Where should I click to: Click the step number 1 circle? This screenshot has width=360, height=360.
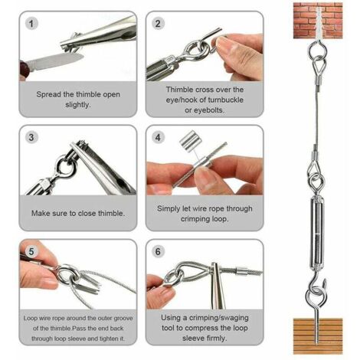(31, 24)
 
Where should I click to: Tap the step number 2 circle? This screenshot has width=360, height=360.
(158, 24)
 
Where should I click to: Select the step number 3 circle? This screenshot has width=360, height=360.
(31, 137)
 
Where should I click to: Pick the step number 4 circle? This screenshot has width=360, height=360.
(158, 137)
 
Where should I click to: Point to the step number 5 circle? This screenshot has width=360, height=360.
(31, 251)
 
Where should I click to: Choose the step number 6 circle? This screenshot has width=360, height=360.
(158, 251)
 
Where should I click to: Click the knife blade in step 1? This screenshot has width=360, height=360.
(55, 61)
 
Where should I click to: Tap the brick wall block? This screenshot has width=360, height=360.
(318, 21)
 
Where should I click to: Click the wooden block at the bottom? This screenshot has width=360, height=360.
(318, 336)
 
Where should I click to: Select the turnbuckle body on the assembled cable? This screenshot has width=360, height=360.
(317, 232)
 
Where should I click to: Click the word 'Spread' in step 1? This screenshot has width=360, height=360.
(48, 95)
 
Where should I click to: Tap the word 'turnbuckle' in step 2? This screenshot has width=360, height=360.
(225, 100)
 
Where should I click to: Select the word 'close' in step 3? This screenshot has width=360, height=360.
(89, 214)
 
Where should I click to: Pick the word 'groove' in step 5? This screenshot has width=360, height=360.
(123, 319)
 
